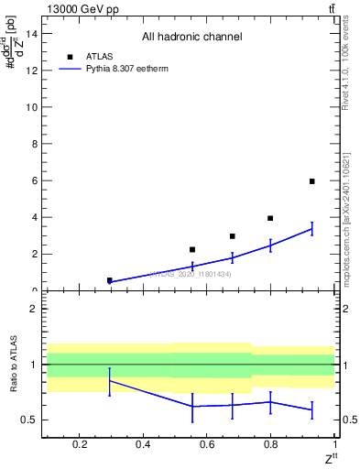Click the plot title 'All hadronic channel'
click(191, 38)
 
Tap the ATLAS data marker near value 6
click(311, 181)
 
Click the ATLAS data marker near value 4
click(270, 218)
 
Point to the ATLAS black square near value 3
click(233, 236)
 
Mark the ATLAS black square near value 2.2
click(192, 249)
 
